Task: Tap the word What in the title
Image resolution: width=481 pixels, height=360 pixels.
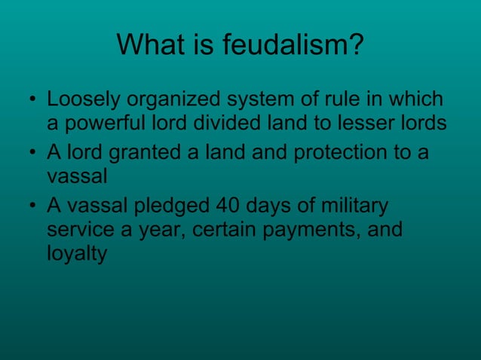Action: pos(150,47)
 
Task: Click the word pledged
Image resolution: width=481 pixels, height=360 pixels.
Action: pos(176,206)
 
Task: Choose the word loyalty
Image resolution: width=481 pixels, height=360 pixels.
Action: pos(76,254)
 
